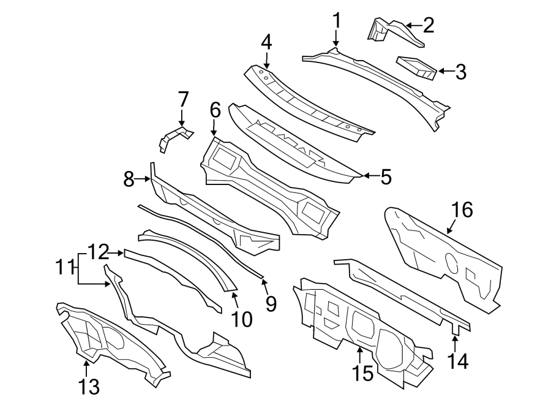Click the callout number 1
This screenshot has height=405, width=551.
336,22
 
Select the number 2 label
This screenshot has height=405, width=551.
429,26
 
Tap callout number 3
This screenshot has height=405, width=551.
460,72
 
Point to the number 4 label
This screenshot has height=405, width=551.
266,42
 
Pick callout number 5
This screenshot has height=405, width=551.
384,176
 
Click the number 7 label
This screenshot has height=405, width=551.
182,99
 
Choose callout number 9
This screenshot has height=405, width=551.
271,303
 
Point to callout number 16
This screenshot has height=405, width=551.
462,210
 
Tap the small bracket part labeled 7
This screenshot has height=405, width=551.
173,138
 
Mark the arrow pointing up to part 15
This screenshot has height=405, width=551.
360,353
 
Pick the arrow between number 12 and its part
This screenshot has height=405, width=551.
116,251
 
